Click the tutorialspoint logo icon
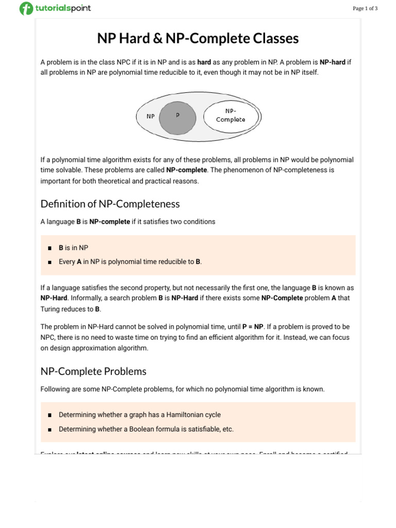(x=26, y=8)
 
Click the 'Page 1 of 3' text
(x=365, y=8)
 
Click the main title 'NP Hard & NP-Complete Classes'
(x=198, y=39)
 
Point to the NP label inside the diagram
(x=151, y=116)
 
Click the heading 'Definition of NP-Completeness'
(x=110, y=204)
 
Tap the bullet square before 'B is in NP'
(x=49, y=248)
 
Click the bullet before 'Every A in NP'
(x=49, y=262)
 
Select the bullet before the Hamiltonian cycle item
(x=49, y=415)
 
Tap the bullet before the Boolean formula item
(x=49, y=430)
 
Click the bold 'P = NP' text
(x=253, y=327)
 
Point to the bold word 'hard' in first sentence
(x=204, y=62)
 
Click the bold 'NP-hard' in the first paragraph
(x=332, y=62)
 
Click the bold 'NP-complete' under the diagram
(x=187, y=170)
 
